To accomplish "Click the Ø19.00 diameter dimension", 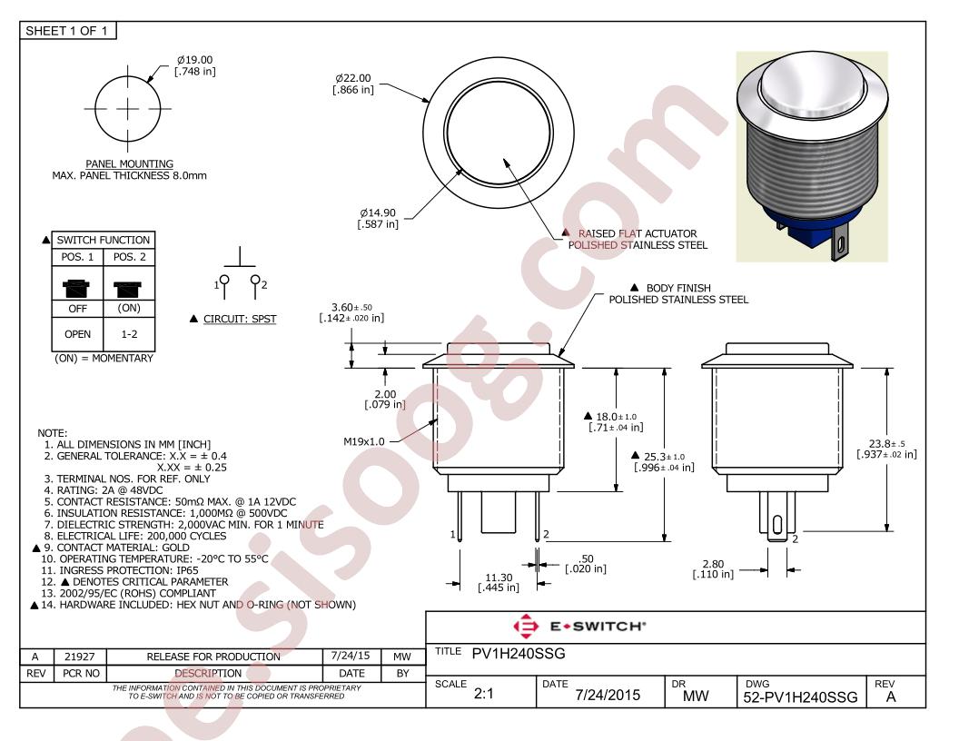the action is click(x=195, y=65).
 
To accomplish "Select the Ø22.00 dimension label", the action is click(x=353, y=84).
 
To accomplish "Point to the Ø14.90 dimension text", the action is click(x=378, y=218).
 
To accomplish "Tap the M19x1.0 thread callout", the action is click(x=364, y=441).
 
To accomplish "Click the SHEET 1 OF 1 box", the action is click(x=67, y=31).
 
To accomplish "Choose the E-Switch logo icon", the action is click(x=526, y=626).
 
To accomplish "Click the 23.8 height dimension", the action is click(x=887, y=449).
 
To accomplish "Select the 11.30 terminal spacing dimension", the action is click(x=499, y=582).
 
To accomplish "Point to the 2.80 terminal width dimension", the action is click(x=713, y=568).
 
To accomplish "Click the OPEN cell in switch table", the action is click(x=78, y=334).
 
